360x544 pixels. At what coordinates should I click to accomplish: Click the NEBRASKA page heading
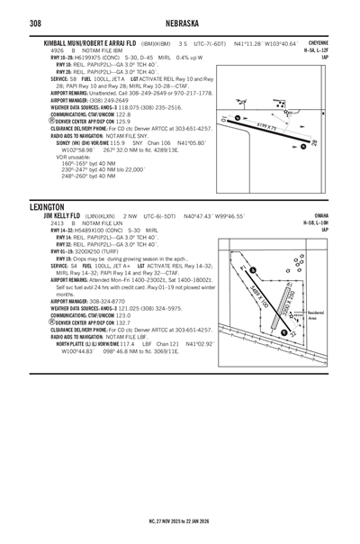click(x=180, y=22)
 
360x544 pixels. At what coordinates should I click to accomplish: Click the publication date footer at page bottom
click(x=180, y=520)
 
